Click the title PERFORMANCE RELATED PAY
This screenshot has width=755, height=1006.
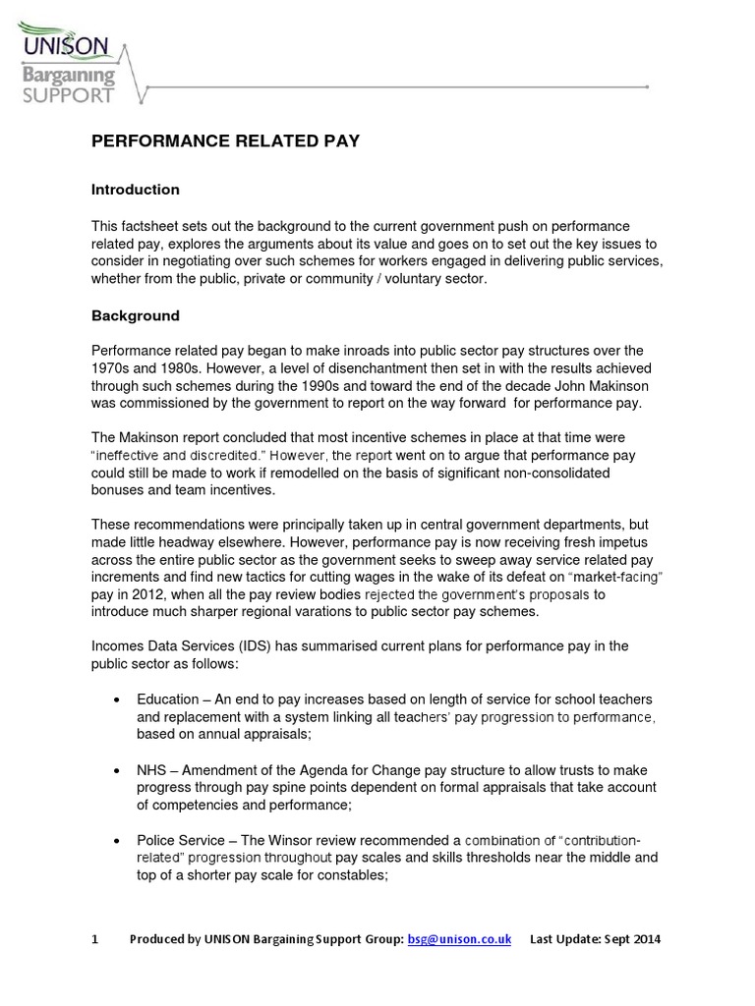click(225, 141)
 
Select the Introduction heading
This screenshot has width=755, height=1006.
click(136, 190)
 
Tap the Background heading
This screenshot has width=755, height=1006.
click(136, 316)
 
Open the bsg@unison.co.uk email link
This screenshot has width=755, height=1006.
click(459, 939)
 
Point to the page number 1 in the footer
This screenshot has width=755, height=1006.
click(95, 939)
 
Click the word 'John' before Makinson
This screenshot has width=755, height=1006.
click(543, 385)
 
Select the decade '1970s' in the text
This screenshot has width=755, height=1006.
click(114, 367)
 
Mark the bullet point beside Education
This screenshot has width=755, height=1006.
click(117, 699)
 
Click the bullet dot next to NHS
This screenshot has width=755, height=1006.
click(117, 770)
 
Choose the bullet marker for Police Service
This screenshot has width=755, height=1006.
click(117, 841)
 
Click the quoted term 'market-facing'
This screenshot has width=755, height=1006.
click(610, 577)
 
